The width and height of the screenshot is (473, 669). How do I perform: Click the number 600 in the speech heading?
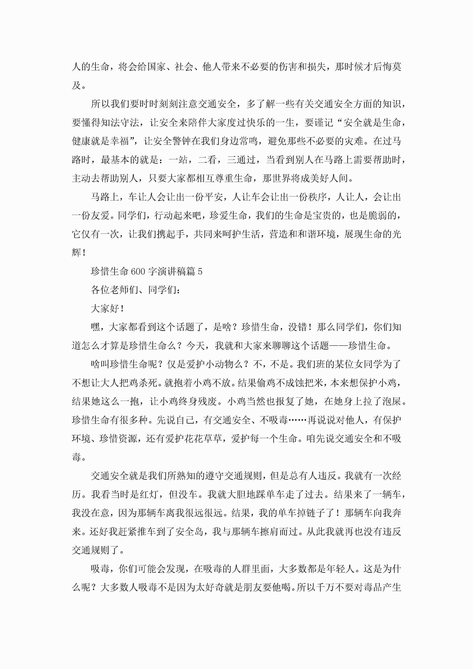138,272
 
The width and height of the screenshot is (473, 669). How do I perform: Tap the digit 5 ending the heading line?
200,272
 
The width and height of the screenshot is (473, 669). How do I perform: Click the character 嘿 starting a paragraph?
95,327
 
